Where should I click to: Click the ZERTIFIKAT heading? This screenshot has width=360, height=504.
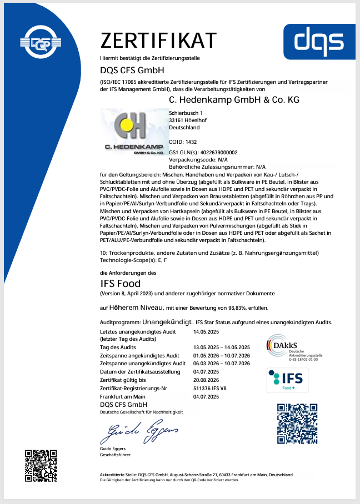pyautogui.click(x=158, y=41)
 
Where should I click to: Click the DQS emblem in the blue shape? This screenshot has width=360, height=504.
pyautogui.click(x=39, y=42)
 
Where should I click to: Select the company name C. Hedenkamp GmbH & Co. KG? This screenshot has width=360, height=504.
pyautogui.click(x=234, y=99)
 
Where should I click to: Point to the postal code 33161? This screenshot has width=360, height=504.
pyautogui.click(x=177, y=120)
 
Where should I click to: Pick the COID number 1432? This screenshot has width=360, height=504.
pyautogui.click(x=191, y=142)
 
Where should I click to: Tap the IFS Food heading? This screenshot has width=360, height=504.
pyautogui.click(x=121, y=283)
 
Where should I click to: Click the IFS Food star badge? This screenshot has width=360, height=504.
pyautogui.click(x=287, y=380)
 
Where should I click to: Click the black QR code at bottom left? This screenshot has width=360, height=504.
pyautogui.click(x=41, y=465)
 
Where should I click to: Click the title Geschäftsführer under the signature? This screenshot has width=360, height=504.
pyautogui.click(x=116, y=454)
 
